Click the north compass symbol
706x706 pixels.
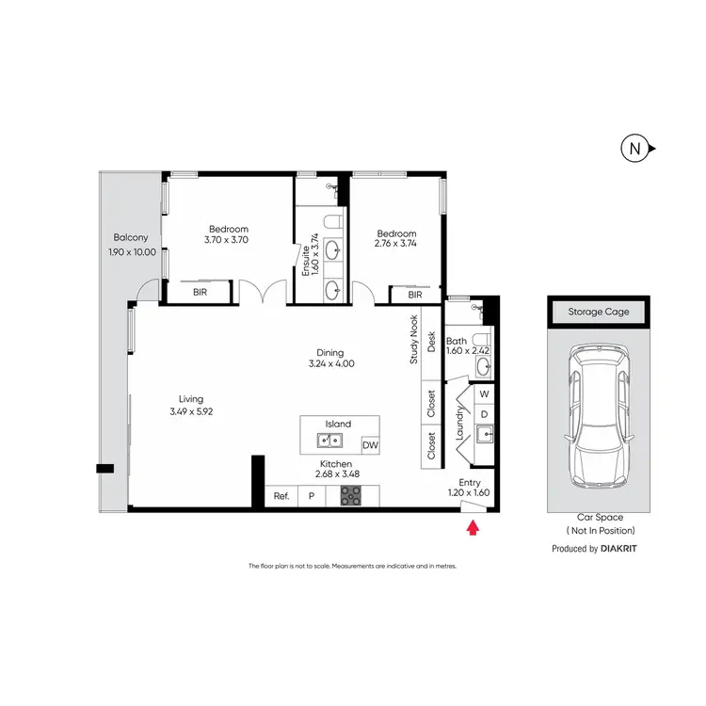(636, 148)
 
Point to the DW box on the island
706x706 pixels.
(370, 445)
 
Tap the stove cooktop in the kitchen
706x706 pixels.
(350, 495)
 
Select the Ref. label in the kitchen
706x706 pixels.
(281, 495)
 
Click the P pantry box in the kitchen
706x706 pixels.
(311, 495)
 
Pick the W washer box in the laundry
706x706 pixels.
(484, 393)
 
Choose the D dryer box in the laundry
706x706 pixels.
(484, 413)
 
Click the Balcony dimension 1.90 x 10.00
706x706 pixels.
(133, 252)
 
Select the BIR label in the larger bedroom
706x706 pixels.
(200, 294)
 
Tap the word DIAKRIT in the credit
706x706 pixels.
(625, 547)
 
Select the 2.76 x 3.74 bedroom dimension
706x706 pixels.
(396, 243)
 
